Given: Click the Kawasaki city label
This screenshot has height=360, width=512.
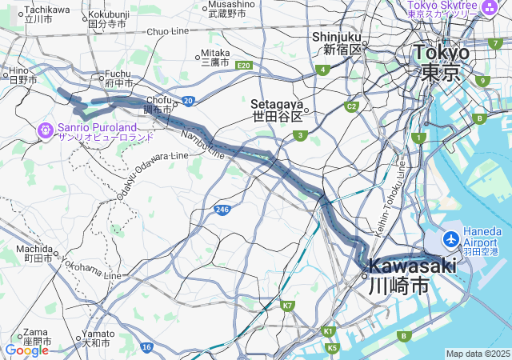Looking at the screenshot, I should coord(411,274).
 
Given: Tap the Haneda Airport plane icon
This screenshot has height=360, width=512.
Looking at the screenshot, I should coord(450,238).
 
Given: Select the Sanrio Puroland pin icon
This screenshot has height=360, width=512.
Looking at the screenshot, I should coord(46,129).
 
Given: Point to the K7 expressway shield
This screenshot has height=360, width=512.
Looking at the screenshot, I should coord(288,305).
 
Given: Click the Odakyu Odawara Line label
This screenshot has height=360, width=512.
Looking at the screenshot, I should coord(152,175).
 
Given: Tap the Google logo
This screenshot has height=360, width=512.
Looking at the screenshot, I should coord(26,350).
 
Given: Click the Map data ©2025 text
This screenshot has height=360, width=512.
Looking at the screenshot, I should coord(478,354).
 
